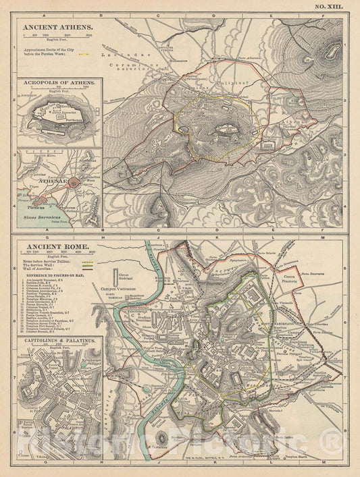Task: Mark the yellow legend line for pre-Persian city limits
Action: tap(84, 51)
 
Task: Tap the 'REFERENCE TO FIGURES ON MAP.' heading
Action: tap(59, 276)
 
